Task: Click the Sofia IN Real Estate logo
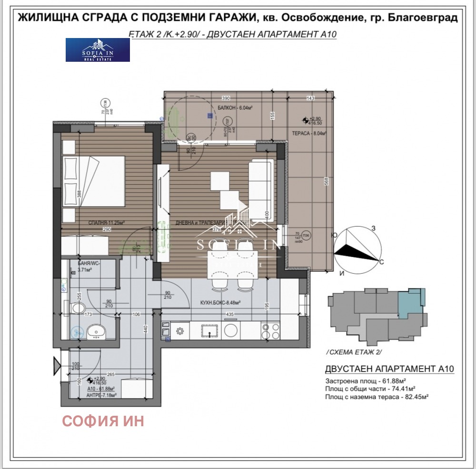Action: click(98, 50)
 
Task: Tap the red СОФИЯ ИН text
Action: click(103, 421)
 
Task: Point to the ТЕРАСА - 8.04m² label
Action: click(309, 134)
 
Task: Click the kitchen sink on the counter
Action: click(209, 330)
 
